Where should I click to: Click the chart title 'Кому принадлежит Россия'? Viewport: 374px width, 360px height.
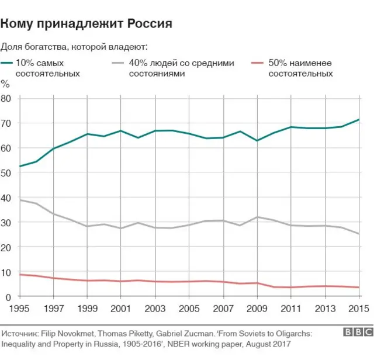click(86, 23)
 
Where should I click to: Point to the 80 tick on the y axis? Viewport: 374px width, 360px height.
click(6, 99)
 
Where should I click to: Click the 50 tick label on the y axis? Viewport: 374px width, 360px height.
click(6, 173)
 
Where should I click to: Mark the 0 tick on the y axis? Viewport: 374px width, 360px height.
click(9, 297)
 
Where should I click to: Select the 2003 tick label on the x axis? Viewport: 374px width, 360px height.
click(155, 309)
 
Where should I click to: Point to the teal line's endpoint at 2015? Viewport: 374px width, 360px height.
click(359, 120)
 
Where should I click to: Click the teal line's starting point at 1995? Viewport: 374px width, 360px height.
click(20, 167)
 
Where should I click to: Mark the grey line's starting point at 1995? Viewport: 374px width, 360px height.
click(20, 200)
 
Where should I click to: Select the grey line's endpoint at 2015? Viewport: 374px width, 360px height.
click(359, 234)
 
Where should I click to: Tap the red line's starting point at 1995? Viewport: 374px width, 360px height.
click(20, 275)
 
